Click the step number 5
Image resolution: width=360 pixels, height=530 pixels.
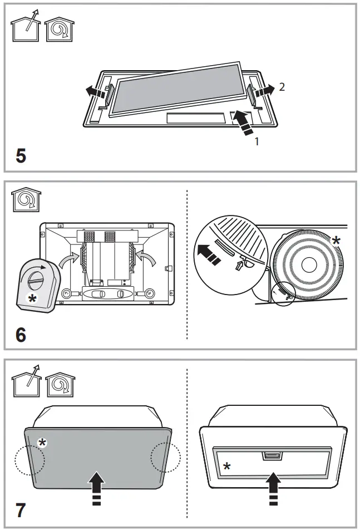pyautogui.click(x=21, y=155)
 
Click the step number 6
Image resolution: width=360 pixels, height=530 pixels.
pyautogui.click(x=21, y=336)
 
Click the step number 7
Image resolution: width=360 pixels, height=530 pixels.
pyautogui.click(x=21, y=509)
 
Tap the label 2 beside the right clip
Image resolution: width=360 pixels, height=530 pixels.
pyautogui.click(x=282, y=87)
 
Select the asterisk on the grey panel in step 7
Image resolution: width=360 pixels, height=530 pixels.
pyautogui.click(x=42, y=443)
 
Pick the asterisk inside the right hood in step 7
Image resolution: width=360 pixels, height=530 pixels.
pyautogui.click(x=226, y=465)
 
